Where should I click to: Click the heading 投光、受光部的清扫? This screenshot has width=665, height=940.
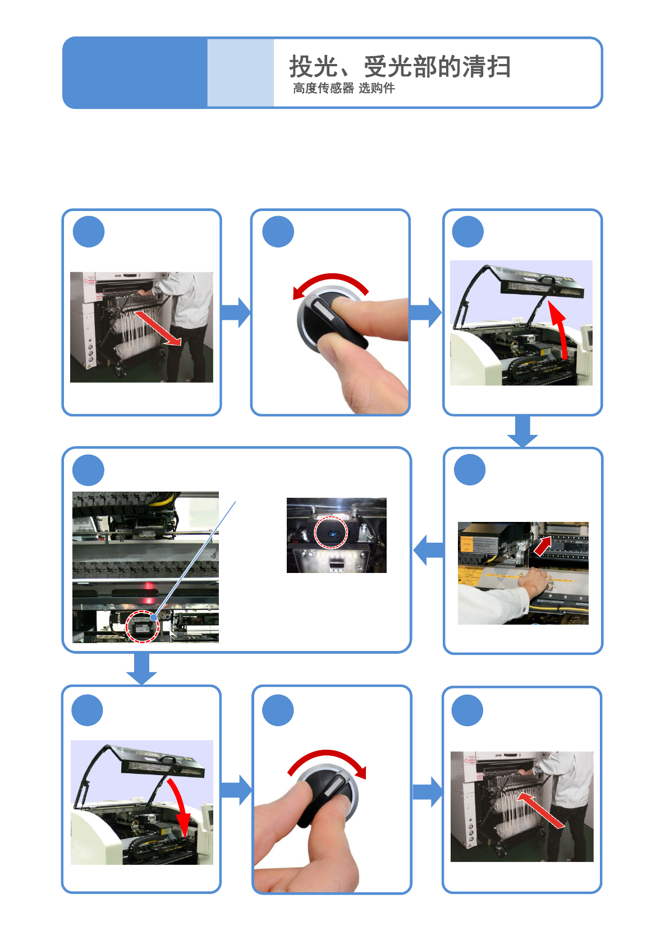400,67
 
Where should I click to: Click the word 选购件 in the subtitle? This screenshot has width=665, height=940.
377,88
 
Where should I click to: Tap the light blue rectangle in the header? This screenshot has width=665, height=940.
240,72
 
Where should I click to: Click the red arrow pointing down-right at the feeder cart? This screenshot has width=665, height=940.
158,328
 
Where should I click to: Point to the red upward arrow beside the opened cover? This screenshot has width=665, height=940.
559,329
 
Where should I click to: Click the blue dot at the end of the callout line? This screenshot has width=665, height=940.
154,617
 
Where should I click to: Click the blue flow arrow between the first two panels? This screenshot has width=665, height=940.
236,312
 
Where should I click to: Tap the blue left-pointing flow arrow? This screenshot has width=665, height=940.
428,550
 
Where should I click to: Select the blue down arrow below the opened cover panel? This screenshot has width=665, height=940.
522,432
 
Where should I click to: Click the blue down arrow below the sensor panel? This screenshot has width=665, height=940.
141,669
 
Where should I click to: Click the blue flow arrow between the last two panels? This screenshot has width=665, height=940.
428,792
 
